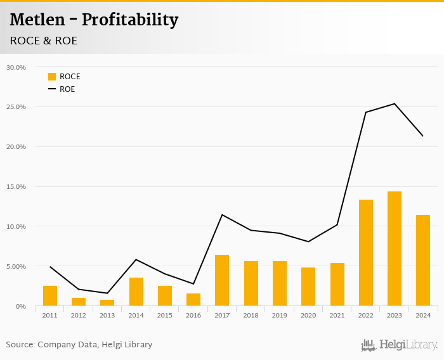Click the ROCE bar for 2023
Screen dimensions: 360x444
click(395, 249)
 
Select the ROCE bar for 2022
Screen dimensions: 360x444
click(366, 253)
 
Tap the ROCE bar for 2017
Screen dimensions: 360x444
click(222, 280)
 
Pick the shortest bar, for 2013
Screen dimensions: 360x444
click(107, 303)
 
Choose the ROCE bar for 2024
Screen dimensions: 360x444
click(423, 260)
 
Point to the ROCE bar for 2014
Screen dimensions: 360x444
click(136, 292)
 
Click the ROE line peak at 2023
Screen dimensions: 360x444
click(395, 104)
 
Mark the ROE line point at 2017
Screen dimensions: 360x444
click(222, 215)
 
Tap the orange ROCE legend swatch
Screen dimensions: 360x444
click(52, 77)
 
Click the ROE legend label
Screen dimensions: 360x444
click(67, 89)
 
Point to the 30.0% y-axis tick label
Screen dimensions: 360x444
click(16, 67)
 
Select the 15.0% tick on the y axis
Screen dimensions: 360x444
click(16, 186)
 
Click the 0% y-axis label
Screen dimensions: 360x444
click(21, 306)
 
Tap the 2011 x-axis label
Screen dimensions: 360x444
click(50, 315)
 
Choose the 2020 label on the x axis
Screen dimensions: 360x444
click(308, 315)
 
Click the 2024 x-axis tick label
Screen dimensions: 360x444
click(423, 315)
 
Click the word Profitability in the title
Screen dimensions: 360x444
click(130, 20)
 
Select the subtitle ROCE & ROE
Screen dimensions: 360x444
click(44, 41)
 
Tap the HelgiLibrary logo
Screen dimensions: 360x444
click(399, 345)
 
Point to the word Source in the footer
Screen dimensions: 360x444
click(20, 345)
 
